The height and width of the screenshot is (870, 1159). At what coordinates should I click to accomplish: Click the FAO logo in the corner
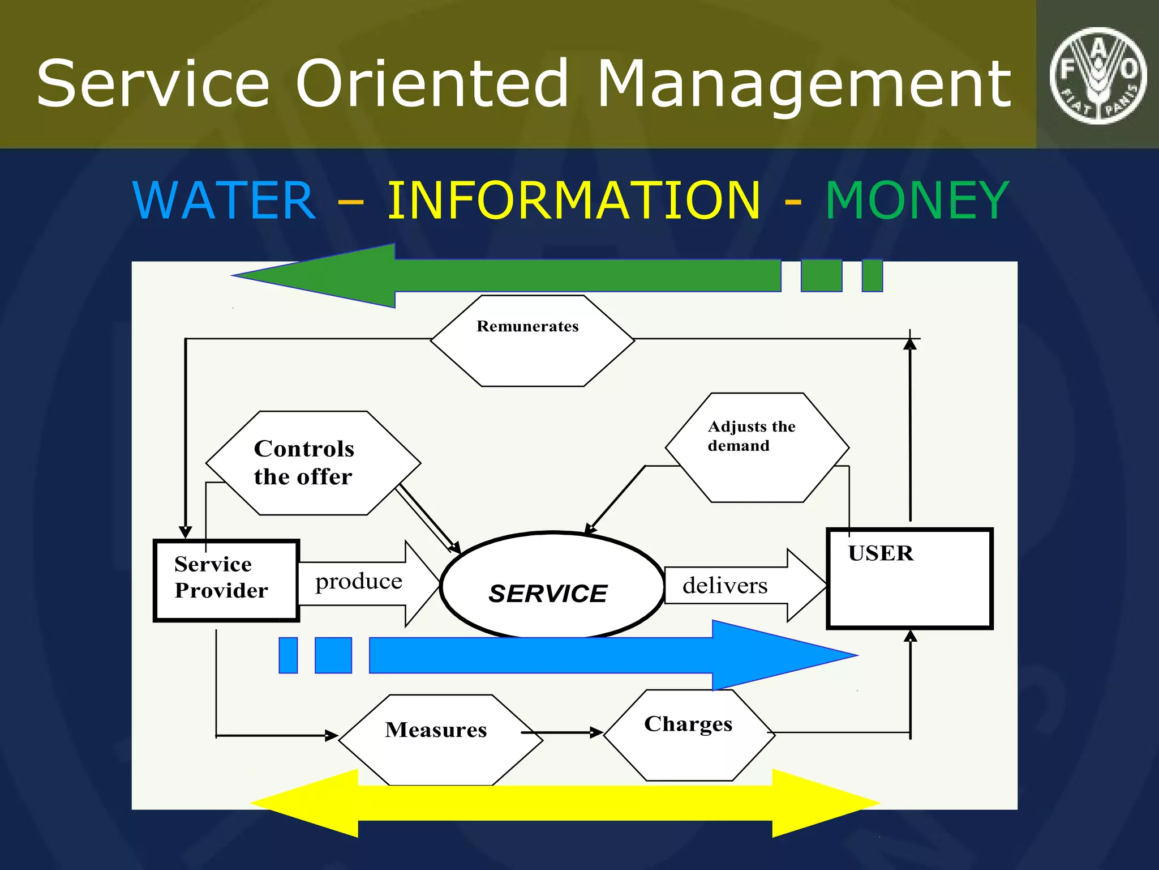pyautogui.click(x=1098, y=75)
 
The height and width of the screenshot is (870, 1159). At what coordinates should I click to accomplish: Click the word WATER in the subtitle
pyautogui.click(x=224, y=201)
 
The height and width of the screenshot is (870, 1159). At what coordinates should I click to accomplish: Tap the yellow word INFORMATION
pyautogui.click(x=573, y=201)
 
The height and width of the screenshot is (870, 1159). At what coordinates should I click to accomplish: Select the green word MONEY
pyautogui.click(x=917, y=201)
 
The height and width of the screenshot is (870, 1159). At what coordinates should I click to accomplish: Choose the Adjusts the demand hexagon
pyautogui.click(x=757, y=447)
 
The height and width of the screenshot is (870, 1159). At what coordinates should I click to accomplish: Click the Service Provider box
pyautogui.click(x=226, y=581)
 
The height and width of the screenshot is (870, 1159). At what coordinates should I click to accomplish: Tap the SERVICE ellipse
pyautogui.click(x=552, y=586)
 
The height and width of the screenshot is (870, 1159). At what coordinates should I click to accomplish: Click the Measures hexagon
pyautogui.click(x=440, y=739)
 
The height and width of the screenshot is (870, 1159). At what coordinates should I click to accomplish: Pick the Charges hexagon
pyautogui.click(x=689, y=735)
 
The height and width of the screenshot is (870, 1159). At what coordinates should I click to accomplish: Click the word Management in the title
pyautogui.click(x=804, y=84)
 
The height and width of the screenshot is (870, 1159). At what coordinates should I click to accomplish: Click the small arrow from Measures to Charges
pyautogui.click(x=566, y=732)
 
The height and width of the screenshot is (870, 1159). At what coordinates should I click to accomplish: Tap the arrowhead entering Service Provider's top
pyautogui.click(x=185, y=532)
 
